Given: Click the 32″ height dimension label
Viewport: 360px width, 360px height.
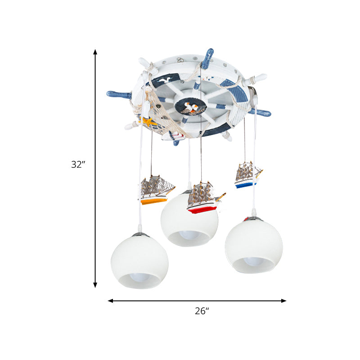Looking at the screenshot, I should click(78, 165).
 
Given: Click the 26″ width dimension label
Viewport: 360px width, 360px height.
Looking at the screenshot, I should click(202, 310).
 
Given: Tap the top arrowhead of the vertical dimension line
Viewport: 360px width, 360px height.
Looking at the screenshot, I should click(95, 52).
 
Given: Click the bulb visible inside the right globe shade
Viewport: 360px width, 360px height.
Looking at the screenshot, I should click(254, 261).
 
